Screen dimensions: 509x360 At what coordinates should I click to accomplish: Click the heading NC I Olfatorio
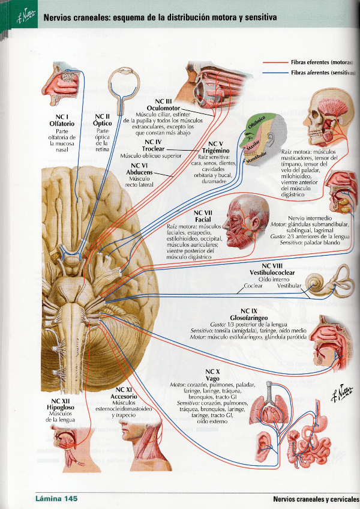(x=62, y=119)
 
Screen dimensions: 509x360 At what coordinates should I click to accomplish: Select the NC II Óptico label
(x=103, y=119)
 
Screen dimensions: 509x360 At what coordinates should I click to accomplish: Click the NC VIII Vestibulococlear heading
(x=275, y=269)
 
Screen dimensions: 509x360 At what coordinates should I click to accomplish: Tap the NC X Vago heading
(x=212, y=375)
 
